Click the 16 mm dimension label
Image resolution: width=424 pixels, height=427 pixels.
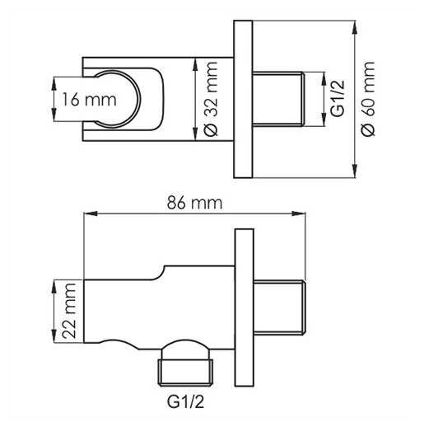click(90, 99)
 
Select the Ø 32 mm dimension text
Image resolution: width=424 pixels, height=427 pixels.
click(212, 99)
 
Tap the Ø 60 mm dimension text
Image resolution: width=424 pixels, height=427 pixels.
click(368, 99)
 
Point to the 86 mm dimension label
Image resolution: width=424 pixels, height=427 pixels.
click(194, 203)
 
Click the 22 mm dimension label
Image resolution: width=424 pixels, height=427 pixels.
click(68, 311)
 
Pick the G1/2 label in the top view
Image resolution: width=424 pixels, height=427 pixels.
click(338, 99)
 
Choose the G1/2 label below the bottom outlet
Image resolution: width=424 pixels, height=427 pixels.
click(185, 402)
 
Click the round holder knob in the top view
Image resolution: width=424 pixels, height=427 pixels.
click(117, 99)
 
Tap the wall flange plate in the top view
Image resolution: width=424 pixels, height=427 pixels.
click(243, 99)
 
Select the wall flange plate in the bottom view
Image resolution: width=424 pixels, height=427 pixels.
click(245, 307)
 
